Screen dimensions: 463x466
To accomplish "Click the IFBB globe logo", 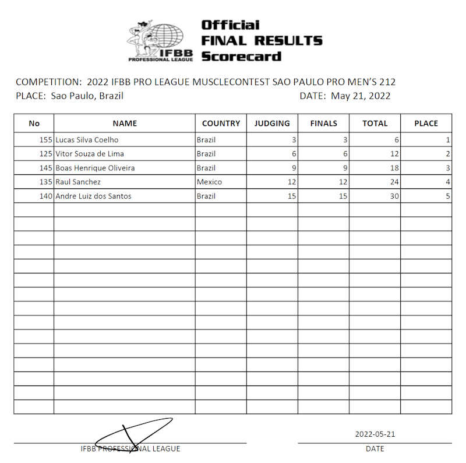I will point(161,41).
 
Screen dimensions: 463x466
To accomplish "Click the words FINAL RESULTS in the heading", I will point(262,41).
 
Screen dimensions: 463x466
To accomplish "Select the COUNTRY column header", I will point(221,123).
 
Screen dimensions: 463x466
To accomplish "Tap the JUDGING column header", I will point(272,123).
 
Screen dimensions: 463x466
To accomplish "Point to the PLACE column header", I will point(426,123).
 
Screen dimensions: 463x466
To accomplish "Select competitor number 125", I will point(46,154).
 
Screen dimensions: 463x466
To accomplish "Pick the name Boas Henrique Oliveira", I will point(95,168).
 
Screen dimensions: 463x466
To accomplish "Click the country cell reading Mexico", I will point(209,182).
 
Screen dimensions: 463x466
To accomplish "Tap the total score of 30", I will point(394,196).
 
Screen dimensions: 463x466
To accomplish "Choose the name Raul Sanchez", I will point(78,182).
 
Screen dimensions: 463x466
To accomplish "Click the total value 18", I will point(394,168).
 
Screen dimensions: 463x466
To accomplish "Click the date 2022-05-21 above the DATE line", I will point(375,434).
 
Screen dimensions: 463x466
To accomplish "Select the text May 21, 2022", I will point(361,96).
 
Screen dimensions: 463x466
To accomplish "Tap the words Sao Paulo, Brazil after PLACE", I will point(87,96).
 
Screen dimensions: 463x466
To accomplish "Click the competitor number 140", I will point(46,196).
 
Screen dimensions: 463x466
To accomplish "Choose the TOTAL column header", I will point(375,123).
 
